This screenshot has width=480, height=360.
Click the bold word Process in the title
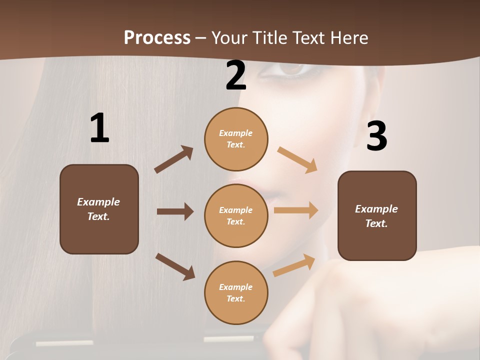pos(157,37)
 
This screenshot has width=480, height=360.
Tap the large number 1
pos(99,128)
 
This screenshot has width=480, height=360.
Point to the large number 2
pos(236,75)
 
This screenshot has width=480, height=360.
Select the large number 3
pos(376,136)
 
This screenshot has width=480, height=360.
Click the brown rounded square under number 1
pos(99,209)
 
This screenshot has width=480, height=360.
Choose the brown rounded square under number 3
pos(377,215)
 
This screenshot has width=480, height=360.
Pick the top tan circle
pos(236,138)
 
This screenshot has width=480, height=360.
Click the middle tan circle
pos(236,215)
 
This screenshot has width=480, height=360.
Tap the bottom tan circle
pos(236,292)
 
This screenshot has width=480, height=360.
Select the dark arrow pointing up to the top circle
pos(174,159)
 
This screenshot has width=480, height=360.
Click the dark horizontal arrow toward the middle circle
pos(175,211)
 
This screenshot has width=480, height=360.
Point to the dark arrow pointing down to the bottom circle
pos(175,266)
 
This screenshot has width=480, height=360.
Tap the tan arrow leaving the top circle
pos(297,160)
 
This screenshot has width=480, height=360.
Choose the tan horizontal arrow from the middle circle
pos(296,210)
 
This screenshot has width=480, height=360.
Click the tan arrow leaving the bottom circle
pos(294,265)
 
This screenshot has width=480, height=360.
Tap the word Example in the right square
pos(376,209)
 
